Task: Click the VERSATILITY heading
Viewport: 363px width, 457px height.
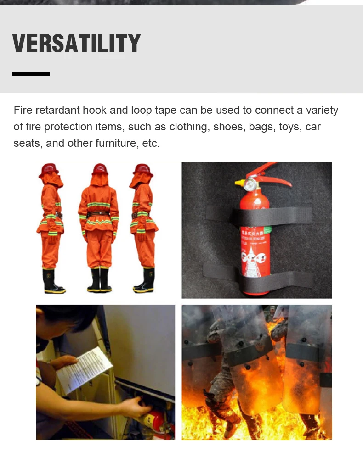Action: point(76,44)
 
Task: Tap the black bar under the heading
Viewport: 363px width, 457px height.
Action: point(31,73)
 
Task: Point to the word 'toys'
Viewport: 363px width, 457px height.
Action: point(289,127)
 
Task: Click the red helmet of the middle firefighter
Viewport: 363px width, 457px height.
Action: point(99,170)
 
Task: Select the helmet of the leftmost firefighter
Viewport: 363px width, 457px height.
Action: point(49,169)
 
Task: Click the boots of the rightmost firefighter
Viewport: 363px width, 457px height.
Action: point(145,281)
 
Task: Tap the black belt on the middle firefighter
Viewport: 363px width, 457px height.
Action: point(98,214)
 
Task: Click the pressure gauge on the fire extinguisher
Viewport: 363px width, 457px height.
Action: point(250,185)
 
